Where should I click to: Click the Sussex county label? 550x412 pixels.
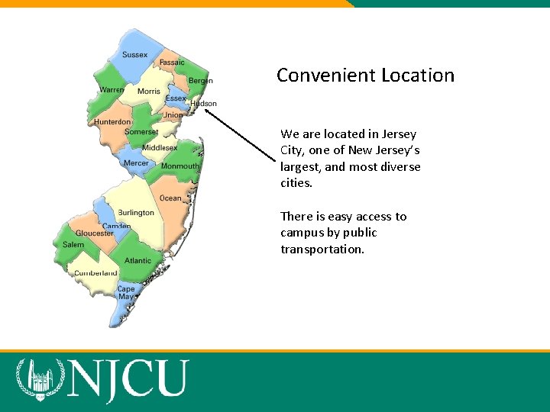tap(134, 55)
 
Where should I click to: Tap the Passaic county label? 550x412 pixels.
tap(172, 63)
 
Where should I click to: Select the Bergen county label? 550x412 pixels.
tap(200, 80)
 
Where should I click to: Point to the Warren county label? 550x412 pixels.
tap(112, 90)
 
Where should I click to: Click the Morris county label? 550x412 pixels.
tap(149, 92)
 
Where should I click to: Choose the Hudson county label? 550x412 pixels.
tap(203, 104)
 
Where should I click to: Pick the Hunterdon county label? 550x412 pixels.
tap(112, 122)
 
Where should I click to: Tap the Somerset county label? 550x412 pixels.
tap(141, 132)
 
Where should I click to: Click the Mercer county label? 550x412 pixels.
tap(136, 163)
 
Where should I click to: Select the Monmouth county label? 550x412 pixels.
tap(180, 166)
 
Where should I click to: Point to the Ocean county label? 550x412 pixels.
tap(170, 198)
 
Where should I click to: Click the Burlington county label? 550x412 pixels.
tap(136, 213)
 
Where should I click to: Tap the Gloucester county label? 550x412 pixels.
tap(95, 233)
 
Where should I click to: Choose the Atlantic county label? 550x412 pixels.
tap(138, 261)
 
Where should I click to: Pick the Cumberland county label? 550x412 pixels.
tap(95, 273)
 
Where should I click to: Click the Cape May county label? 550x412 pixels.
tap(126, 293)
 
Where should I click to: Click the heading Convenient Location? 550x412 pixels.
tap(365, 76)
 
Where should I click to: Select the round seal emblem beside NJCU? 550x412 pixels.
tap(37, 379)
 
